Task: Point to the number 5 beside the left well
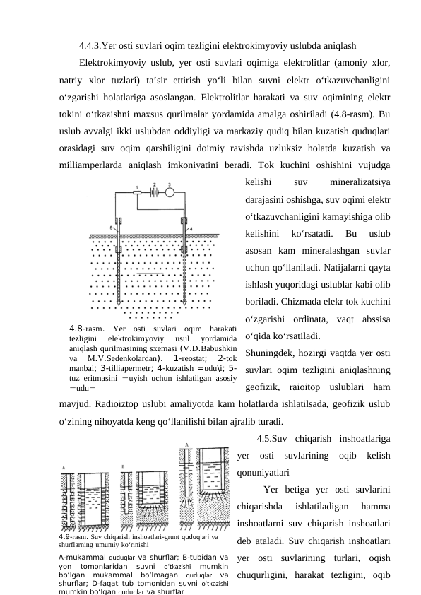[x=112, y=228]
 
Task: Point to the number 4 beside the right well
[x=191, y=229]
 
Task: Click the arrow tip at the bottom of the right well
[x=185, y=302]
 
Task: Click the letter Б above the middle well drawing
[x=124, y=466]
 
